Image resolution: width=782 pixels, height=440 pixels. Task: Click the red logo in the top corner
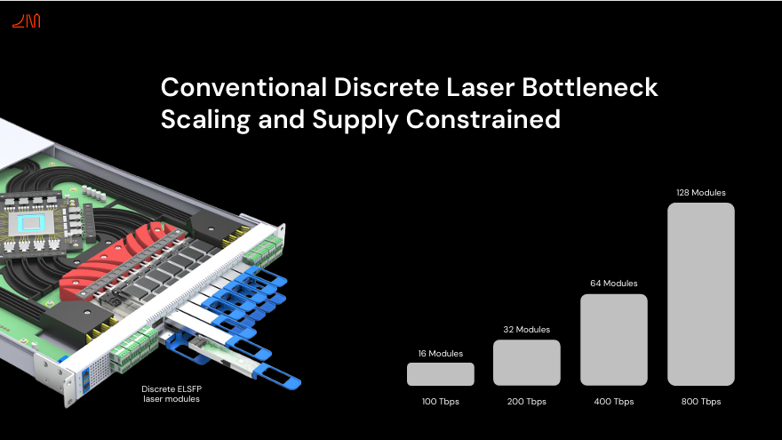tap(27, 21)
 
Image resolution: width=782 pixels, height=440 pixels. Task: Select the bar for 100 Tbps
tap(441, 374)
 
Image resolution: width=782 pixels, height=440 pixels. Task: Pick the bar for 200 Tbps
tap(527, 363)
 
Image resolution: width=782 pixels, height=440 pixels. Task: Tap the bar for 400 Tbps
tap(614, 340)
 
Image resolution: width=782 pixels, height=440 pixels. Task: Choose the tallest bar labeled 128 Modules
tap(701, 294)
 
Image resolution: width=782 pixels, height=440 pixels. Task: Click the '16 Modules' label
tap(441, 353)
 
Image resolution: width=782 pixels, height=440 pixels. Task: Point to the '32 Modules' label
tap(527, 329)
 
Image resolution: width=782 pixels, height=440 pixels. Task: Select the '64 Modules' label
tap(614, 283)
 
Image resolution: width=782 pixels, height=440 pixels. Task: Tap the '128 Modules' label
tap(701, 193)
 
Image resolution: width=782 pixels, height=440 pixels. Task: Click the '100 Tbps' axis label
tap(441, 401)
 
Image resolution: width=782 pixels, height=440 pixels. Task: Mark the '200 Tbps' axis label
tap(527, 401)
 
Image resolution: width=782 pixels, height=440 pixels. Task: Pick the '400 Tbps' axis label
tap(614, 401)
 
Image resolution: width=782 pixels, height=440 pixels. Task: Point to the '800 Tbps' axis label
tap(701, 401)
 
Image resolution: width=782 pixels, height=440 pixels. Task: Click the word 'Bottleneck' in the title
tap(590, 87)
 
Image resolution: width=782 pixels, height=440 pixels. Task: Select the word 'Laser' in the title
tap(480, 87)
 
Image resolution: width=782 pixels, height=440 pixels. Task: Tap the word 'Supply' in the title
tap(355, 120)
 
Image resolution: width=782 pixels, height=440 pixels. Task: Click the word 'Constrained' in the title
tap(483, 119)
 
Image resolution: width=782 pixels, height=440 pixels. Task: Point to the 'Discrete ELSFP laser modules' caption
tap(171, 394)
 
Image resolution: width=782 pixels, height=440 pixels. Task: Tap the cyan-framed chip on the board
tap(30, 223)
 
